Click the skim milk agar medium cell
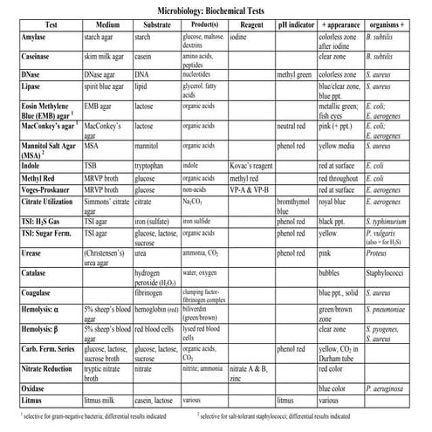coord(107,57)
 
